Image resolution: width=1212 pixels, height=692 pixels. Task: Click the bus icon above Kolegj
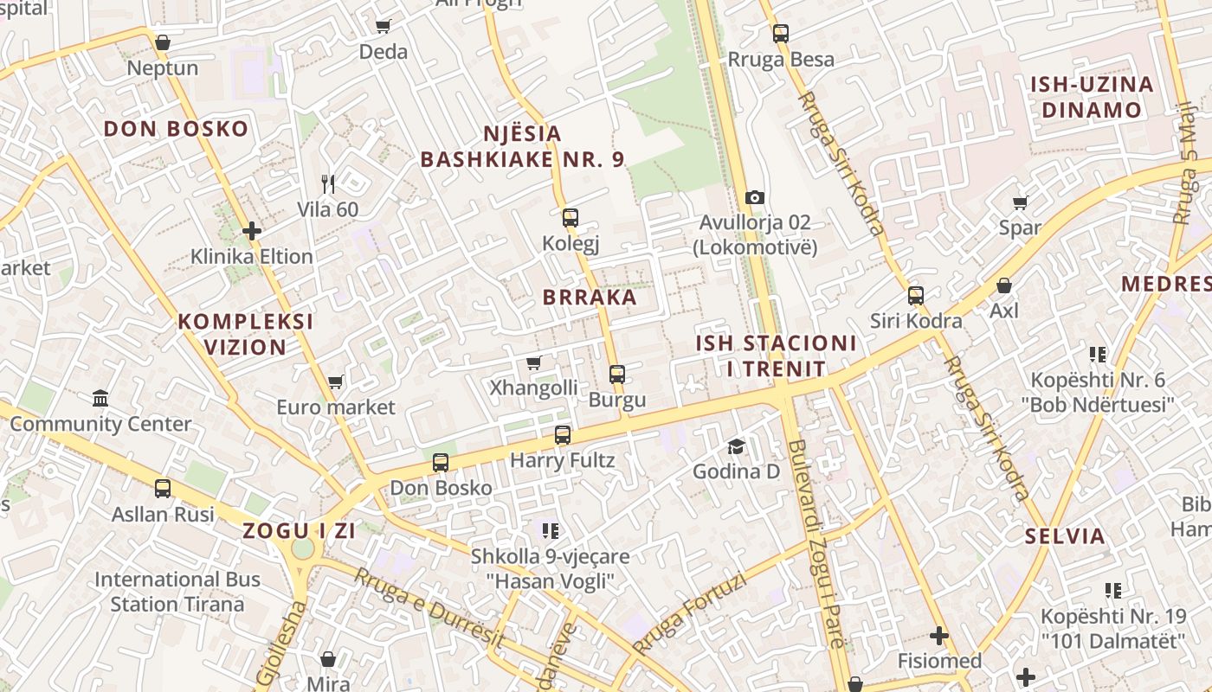pyautogui.click(x=570, y=218)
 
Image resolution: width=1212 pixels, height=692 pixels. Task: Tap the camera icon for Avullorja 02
pyautogui.click(x=754, y=197)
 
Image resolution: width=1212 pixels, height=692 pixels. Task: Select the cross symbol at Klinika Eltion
pyautogui.click(x=252, y=231)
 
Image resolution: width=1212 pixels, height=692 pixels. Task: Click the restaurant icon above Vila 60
pyautogui.click(x=327, y=183)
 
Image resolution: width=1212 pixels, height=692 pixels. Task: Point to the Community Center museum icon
pyautogui.click(x=100, y=398)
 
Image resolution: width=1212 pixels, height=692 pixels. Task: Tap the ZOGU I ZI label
pyautogui.click(x=299, y=531)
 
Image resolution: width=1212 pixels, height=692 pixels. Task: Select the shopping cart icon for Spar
pyautogui.click(x=1020, y=202)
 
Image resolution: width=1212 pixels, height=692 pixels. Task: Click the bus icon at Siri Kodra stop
pyautogui.click(x=916, y=296)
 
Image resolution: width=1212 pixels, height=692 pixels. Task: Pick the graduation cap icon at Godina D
pyautogui.click(x=736, y=446)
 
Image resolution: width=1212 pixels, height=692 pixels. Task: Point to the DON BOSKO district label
pyautogui.click(x=176, y=130)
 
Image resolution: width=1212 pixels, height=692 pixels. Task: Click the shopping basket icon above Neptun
pyautogui.click(x=162, y=42)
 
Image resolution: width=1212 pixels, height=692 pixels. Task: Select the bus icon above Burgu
pyautogui.click(x=616, y=375)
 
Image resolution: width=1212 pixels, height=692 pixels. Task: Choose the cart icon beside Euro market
pyautogui.click(x=335, y=381)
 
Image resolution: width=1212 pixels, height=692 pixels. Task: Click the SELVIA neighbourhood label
pyautogui.click(x=1065, y=536)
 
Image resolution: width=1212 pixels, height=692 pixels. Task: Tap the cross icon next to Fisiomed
pyautogui.click(x=938, y=636)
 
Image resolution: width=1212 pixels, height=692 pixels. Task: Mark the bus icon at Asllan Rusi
pyautogui.click(x=163, y=488)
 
